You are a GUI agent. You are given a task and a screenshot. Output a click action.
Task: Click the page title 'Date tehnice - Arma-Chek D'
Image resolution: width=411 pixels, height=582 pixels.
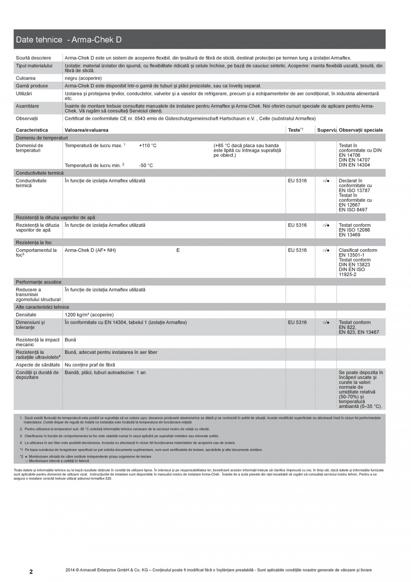68,40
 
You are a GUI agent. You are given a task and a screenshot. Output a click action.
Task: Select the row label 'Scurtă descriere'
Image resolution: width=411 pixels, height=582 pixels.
33,58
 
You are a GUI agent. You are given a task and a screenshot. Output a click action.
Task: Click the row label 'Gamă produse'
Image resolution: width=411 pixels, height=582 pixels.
32,85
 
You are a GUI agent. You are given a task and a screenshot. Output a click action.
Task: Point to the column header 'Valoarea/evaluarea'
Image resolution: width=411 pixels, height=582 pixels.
86,130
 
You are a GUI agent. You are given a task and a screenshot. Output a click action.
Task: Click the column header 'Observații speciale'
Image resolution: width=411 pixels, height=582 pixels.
361,130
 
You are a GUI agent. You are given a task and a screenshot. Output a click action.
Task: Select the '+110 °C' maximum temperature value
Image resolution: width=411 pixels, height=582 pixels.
147,146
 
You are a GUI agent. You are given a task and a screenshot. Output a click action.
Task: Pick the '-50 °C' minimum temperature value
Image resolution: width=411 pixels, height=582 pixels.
146,166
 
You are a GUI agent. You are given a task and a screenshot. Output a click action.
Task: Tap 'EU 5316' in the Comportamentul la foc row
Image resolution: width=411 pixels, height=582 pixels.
298,251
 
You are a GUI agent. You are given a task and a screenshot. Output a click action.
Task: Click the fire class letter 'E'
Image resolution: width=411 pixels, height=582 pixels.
178,251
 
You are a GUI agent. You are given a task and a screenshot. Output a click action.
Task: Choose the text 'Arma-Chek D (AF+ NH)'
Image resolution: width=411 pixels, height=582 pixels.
90,251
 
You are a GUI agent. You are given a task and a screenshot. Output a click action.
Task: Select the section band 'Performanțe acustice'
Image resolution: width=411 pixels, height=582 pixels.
38,282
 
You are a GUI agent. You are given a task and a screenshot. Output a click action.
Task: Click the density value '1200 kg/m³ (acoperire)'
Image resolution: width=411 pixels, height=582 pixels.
89,315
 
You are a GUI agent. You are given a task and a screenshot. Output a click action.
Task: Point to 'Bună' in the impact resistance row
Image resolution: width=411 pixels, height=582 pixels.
71,340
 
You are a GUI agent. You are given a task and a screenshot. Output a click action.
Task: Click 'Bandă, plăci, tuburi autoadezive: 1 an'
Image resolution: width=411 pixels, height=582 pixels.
105,373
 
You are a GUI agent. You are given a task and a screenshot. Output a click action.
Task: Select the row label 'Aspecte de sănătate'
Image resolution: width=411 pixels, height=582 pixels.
38,365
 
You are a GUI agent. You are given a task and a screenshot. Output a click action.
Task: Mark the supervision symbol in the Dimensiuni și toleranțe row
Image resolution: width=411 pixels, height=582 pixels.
326,323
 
